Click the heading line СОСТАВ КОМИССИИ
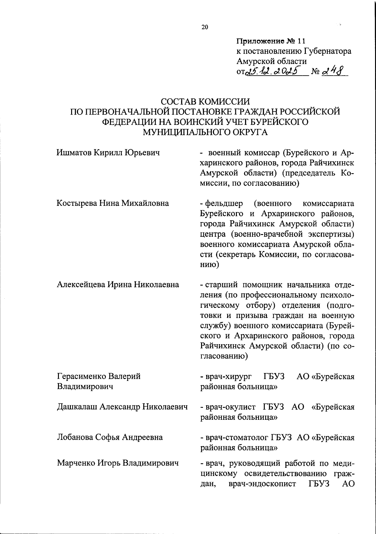(205, 102)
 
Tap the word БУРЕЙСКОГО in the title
(278, 122)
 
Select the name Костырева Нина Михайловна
(112, 203)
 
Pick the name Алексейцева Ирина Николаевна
(118, 285)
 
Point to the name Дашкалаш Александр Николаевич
(122, 407)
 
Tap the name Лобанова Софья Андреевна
(110, 437)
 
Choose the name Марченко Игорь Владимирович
(118, 463)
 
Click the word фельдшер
(224, 204)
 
